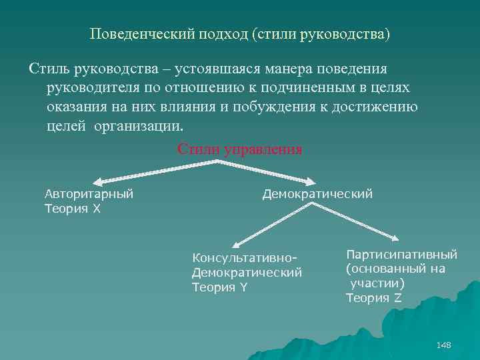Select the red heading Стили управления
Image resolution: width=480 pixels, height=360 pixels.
pyautogui.click(x=240, y=149)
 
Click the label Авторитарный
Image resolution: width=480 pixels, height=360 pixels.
pyautogui.click(x=89, y=194)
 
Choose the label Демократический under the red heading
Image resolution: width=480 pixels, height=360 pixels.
pyautogui.click(x=317, y=194)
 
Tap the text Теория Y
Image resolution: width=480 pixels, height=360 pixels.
pyautogui.click(x=219, y=287)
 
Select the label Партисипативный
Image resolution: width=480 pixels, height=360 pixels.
pyautogui.click(x=401, y=254)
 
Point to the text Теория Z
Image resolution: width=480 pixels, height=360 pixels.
pyautogui.click(x=373, y=297)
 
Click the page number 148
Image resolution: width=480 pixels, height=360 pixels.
pyautogui.click(x=443, y=345)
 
